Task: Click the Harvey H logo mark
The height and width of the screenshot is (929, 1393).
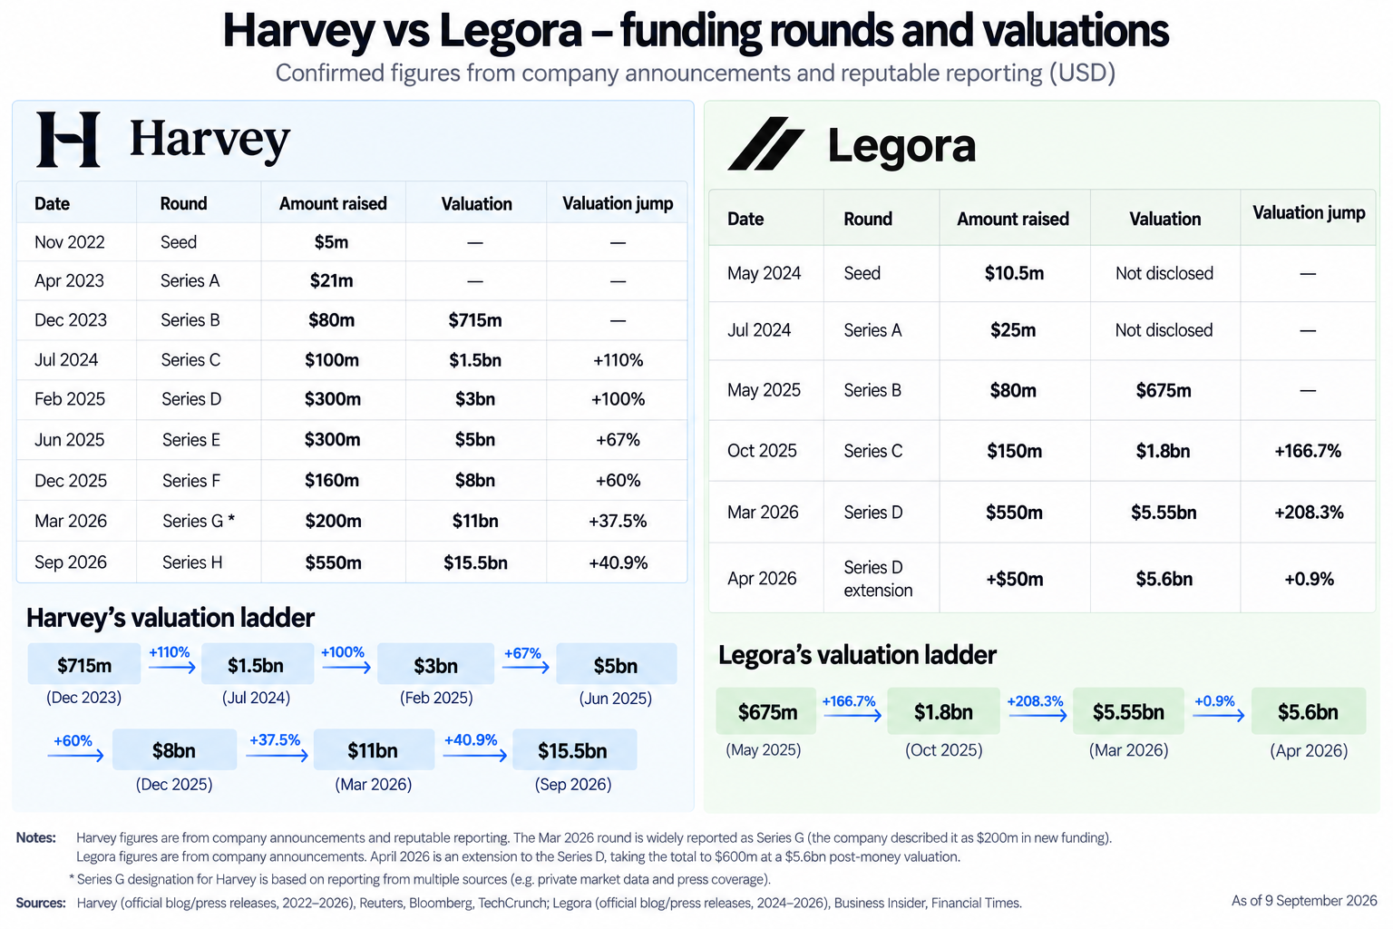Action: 68,140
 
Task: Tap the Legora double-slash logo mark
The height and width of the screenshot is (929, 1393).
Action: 766,143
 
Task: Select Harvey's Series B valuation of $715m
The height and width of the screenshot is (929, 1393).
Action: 475,320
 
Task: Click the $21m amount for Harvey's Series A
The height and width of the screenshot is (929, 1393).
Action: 331,280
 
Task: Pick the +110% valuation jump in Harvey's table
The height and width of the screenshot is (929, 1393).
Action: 618,360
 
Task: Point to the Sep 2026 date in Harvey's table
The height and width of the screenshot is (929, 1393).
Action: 70,562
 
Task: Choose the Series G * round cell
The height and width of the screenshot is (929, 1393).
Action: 199,521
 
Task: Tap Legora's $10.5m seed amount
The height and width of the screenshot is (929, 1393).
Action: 1014,273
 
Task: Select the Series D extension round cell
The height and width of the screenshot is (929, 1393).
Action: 878,579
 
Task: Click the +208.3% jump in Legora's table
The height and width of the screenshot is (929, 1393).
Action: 1309,513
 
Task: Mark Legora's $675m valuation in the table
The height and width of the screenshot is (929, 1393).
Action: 1163,391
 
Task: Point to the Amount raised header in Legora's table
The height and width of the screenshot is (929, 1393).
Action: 1012,219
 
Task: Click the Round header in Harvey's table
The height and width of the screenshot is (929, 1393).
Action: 183,203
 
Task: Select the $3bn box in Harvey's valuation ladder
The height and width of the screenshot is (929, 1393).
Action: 435,665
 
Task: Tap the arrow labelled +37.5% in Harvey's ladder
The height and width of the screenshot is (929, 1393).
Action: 277,756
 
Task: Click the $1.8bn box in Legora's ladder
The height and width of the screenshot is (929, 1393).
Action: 943,711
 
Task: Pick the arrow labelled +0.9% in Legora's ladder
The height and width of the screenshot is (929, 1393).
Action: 1218,716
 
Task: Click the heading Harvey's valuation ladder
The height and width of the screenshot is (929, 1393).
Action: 170,618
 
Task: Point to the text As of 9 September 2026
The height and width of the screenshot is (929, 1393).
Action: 1304,901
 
